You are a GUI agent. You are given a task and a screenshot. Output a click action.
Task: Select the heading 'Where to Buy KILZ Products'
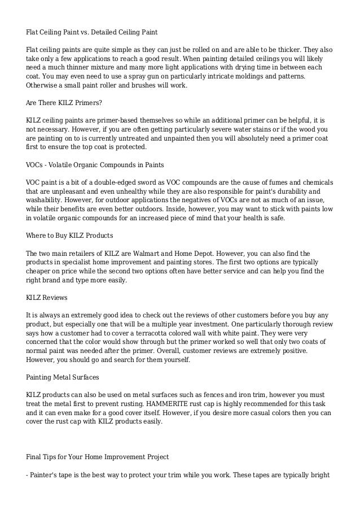click(70, 234)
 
